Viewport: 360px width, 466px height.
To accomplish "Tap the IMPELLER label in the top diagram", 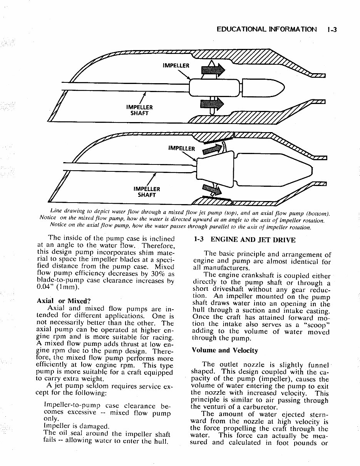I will tap(176, 65).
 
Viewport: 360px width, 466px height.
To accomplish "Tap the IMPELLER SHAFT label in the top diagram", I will tap(139, 110).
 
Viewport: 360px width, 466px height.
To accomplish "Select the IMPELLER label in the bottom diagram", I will tap(182, 148).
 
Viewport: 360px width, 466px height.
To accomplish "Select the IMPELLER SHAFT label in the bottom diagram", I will tap(146, 192).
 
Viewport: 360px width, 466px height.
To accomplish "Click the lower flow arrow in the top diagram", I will tap(212, 104).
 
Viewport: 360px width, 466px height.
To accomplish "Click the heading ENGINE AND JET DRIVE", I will tap(253, 240).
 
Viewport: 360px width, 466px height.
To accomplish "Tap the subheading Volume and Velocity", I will tap(224, 350).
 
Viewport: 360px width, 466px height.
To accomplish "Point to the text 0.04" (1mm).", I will tap(58, 287).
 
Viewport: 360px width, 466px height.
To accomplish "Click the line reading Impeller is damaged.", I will tap(77, 426).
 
